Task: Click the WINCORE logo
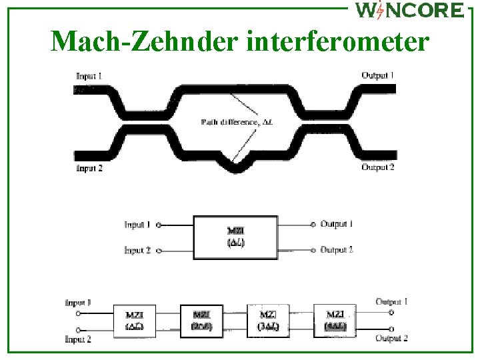[409, 10]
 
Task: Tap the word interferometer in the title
[337, 41]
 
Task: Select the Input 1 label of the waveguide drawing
[89, 76]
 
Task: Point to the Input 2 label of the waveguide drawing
[89, 168]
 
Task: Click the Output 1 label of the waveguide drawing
[377, 75]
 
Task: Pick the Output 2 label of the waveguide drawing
[378, 167]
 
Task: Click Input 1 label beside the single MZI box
[137, 225]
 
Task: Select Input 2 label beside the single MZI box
[137, 251]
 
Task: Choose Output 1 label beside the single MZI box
[337, 224]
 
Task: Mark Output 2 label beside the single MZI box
[337, 250]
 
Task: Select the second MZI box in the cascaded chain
[201, 320]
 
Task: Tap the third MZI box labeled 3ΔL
[268, 320]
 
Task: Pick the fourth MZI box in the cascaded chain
[335, 320]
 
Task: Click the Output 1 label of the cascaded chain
[391, 302]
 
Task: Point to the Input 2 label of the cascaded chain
[78, 339]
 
